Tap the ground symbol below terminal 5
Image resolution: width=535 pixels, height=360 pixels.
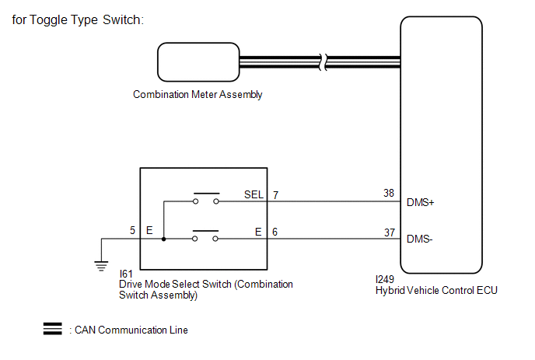(x=101, y=266)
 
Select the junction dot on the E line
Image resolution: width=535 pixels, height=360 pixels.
(x=164, y=239)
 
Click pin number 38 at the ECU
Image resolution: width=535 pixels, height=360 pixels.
(x=389, y=193)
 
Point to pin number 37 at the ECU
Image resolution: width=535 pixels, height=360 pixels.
(x=390, y=232)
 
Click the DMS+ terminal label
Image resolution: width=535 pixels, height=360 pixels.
(x=421, y=203)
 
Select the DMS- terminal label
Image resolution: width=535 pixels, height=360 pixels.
(x=420, y=239)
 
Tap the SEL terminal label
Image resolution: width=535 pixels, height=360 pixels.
(x=254, y=194)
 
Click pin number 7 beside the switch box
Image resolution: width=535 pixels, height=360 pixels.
(x=276, y=195)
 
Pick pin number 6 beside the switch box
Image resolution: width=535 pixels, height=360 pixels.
(x=275, y=232)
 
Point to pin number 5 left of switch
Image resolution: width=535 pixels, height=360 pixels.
(x=132, y=230)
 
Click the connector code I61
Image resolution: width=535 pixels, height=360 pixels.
(x=125, y=274)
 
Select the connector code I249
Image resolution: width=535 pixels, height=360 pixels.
(x=384, y=279)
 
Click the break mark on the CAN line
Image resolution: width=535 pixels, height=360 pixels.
(x=323, y=62)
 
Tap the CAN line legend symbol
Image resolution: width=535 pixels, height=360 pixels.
(x=53, y=329)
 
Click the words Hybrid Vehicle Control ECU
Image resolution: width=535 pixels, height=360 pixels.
(x=436, y=290)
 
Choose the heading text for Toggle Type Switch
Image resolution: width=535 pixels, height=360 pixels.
(x=78, y=19)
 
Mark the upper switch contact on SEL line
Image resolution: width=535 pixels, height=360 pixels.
(x=206, y=198)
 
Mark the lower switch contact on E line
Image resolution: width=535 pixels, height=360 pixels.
(x=205, y=236)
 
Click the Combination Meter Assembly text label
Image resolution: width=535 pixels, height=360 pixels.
(x=198, y=95)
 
